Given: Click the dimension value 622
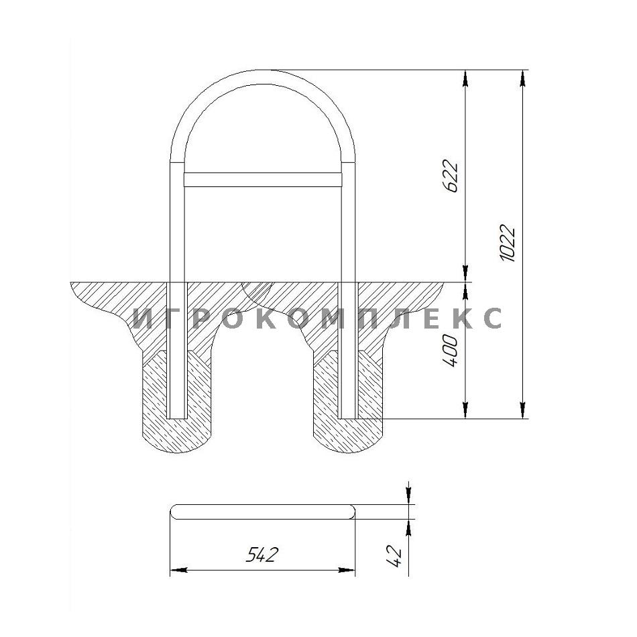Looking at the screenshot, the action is click(x=451, y=176).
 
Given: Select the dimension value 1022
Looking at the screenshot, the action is click(x=507, y=243).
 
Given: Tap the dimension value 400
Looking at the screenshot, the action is click(x=451, y=351).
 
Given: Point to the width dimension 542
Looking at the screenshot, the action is click(x=262, y=554).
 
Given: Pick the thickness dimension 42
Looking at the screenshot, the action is click(x=394, y=556).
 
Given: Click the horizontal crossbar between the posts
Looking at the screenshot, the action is click(x=263, y=180).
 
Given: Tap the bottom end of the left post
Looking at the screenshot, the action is click(x=177, y=418).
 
